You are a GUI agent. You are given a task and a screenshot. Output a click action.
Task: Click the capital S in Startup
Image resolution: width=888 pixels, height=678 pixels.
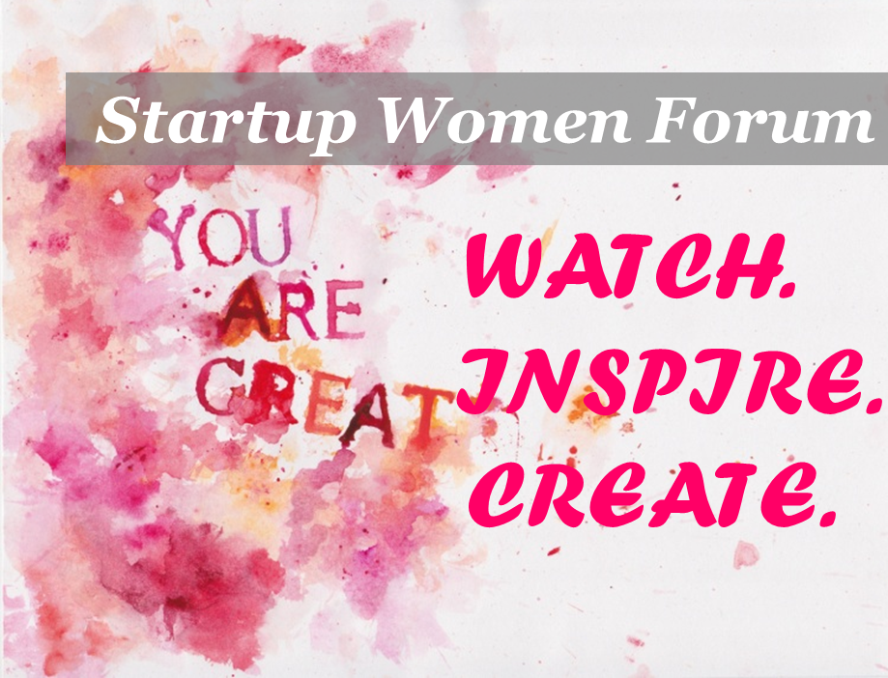click(x=119, y=121)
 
